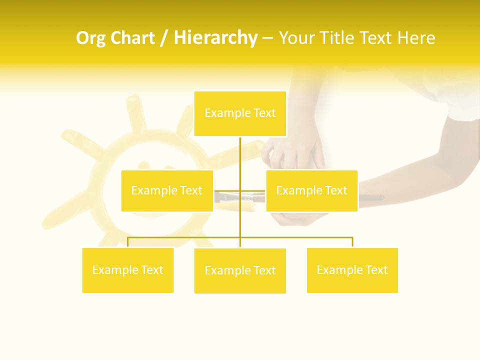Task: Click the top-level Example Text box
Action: click(x=240, y=113)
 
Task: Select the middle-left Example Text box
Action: click(x=167, y=190)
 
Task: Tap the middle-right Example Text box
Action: click(x=311, y=190)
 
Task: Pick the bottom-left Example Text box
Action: click(x=128, y=270)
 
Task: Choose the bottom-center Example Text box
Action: click(x=240, y=270)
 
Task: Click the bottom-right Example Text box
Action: click(x=352, y=270)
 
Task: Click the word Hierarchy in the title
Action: click(x=215, y=38)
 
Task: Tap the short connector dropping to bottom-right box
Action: click(x=352, y=242)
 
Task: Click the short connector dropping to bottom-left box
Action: click(x=128, y=242)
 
